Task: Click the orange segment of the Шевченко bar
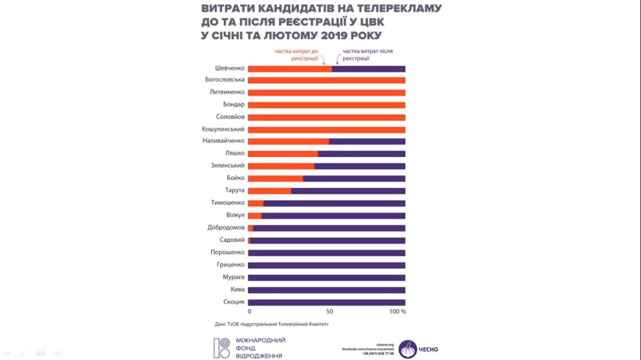tap(290, 68)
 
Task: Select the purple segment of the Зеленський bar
tap(359, 166)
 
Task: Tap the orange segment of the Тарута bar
tap(269, 191)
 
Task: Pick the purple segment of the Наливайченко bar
tap(367, 142)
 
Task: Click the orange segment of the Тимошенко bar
tap(255, 203)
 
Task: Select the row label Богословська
tap(224, 80)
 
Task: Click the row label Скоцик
tap(233, 302)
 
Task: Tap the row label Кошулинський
tap(223, 129)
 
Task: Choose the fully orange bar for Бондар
tap(326, 105)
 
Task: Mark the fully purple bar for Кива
tap(326, 289)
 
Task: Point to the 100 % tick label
tap(398, 311)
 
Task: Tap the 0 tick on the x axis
tap(249, 311)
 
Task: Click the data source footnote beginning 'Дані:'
tap(268, 324)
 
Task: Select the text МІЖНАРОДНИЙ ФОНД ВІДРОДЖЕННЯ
tap(260, 348)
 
